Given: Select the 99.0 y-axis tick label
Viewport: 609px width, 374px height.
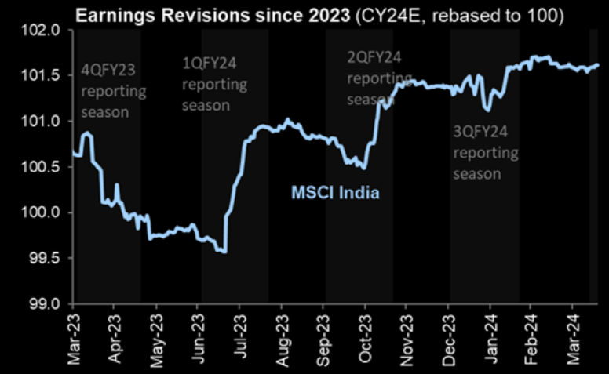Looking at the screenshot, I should tap(48, 303).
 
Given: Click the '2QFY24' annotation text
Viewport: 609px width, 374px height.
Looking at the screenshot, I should tap(375, 58).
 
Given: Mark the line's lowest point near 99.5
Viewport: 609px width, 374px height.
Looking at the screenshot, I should tap(224, 252).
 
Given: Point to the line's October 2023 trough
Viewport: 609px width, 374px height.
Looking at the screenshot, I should tap(363, 167).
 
